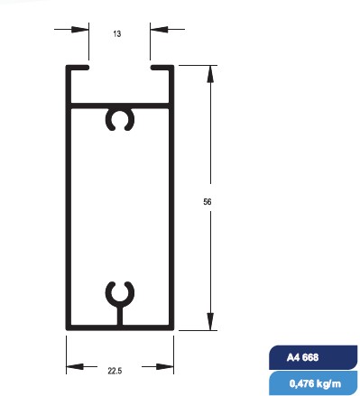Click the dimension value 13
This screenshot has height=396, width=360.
[117, 33]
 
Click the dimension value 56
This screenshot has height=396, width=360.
[208, 202]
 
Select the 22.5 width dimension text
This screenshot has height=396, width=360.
[115, 371]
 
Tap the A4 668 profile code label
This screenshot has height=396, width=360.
[302, 357]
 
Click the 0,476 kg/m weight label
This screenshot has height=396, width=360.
[315, 383]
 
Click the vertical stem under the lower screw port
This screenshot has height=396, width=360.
[120, 316]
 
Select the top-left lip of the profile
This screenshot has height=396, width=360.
[78, 68]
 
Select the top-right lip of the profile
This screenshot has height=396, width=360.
[162, 68]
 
